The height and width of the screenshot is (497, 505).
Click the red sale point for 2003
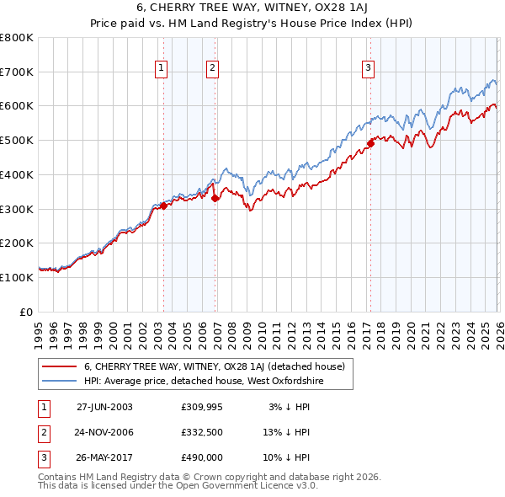coord(164,206)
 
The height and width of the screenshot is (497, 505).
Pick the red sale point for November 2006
coord(215,198)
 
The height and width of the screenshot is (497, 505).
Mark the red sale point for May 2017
coord(370,144)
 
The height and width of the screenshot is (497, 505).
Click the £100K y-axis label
coord(17,277)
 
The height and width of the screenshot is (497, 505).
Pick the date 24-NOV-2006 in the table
coord(104,432)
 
